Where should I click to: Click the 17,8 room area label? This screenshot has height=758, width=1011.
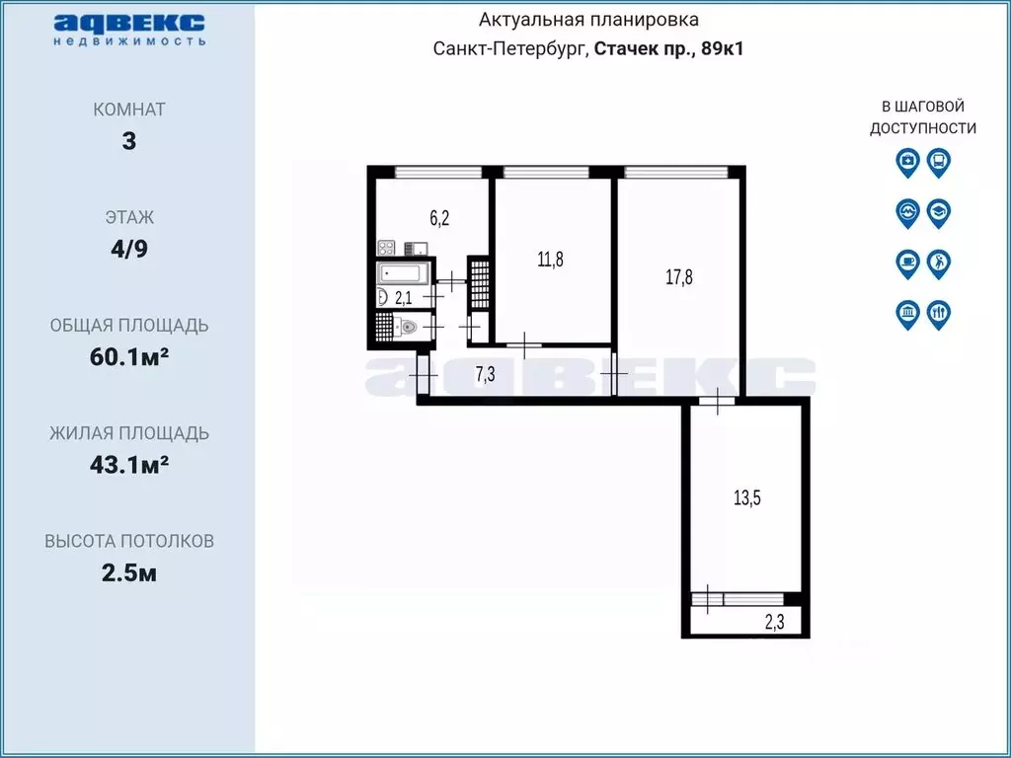[678, 277]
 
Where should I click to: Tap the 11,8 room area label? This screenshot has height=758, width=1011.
[551, 260]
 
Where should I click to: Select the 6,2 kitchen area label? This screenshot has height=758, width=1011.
[438, 219]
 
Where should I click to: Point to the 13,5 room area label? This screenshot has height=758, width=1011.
[747, 497]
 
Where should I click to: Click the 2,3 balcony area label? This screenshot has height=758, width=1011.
[775, 621]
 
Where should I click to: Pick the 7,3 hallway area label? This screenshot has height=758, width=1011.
[486, 373]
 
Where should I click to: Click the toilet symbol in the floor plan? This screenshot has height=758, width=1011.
[407, 327]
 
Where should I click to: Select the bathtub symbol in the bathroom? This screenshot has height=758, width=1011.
[403, 272]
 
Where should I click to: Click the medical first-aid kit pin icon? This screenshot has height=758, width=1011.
[907, 161]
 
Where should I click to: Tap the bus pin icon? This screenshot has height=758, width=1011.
[939, 161]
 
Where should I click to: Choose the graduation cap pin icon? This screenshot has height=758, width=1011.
[939, 211]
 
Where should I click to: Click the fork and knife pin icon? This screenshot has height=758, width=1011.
[939, 314]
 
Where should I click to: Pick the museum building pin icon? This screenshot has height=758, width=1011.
[907, 314]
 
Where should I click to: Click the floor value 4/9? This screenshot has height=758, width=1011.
[129, 249]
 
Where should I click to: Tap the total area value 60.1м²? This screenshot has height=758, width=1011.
[129, 356]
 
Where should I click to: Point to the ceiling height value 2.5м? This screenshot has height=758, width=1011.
[129, 572]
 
